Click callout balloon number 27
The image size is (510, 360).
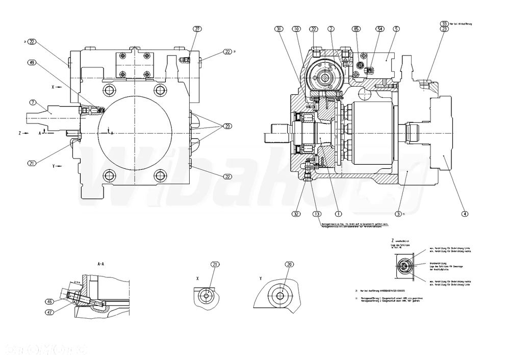pos(197,29)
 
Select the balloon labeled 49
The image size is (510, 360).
pos(33,63)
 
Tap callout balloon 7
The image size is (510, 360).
pos(33,102)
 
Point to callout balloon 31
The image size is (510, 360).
pos(278,29)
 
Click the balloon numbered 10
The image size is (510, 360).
pos(296,29)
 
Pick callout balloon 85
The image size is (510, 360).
pos(356,29)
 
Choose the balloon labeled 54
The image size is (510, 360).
pos(379,29)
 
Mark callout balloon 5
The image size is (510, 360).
pos(396,29)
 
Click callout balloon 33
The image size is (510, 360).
pos(444,23)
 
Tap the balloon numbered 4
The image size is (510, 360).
pos(464,214)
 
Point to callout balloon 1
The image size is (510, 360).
pos(337,214)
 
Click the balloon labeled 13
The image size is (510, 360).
pos(317,214)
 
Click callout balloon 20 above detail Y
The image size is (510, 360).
pos(290,264)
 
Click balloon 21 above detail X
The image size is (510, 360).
pos(215,264)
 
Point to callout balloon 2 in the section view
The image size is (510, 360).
pos(330,29)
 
